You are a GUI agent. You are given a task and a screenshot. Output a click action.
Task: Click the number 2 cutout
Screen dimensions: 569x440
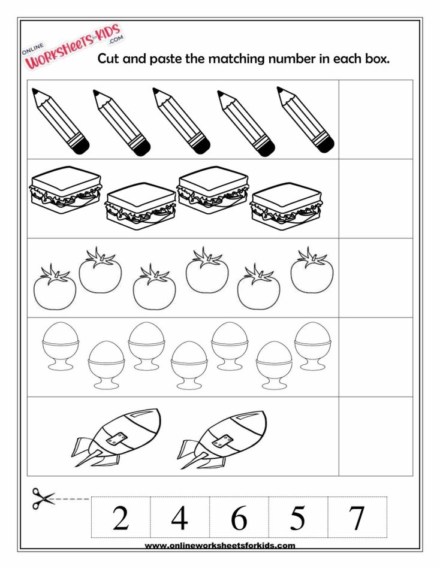[120, 517]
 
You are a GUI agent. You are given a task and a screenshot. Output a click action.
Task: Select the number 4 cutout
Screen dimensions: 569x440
[179, 517]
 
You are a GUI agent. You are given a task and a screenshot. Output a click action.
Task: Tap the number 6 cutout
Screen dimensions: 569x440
[239, 517]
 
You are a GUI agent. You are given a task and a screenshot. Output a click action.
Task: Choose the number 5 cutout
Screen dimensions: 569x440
[297, 517]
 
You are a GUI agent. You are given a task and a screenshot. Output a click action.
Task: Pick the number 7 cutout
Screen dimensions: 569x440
[357, 517]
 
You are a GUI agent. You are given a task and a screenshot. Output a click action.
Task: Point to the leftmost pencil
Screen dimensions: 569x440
[60, 120]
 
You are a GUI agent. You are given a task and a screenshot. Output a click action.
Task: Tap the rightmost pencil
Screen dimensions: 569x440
[305, 119]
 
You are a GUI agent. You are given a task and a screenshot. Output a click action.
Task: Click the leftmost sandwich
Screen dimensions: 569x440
[65, 189]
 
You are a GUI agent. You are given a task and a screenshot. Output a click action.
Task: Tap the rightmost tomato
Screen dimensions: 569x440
[312, 271]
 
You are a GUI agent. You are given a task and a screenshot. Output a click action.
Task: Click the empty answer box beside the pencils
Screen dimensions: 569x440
[376, 119]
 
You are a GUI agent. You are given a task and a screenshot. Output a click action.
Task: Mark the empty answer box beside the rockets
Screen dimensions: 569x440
[376, 436]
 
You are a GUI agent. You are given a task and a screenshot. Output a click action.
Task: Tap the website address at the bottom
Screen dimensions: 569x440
[220, 546]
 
